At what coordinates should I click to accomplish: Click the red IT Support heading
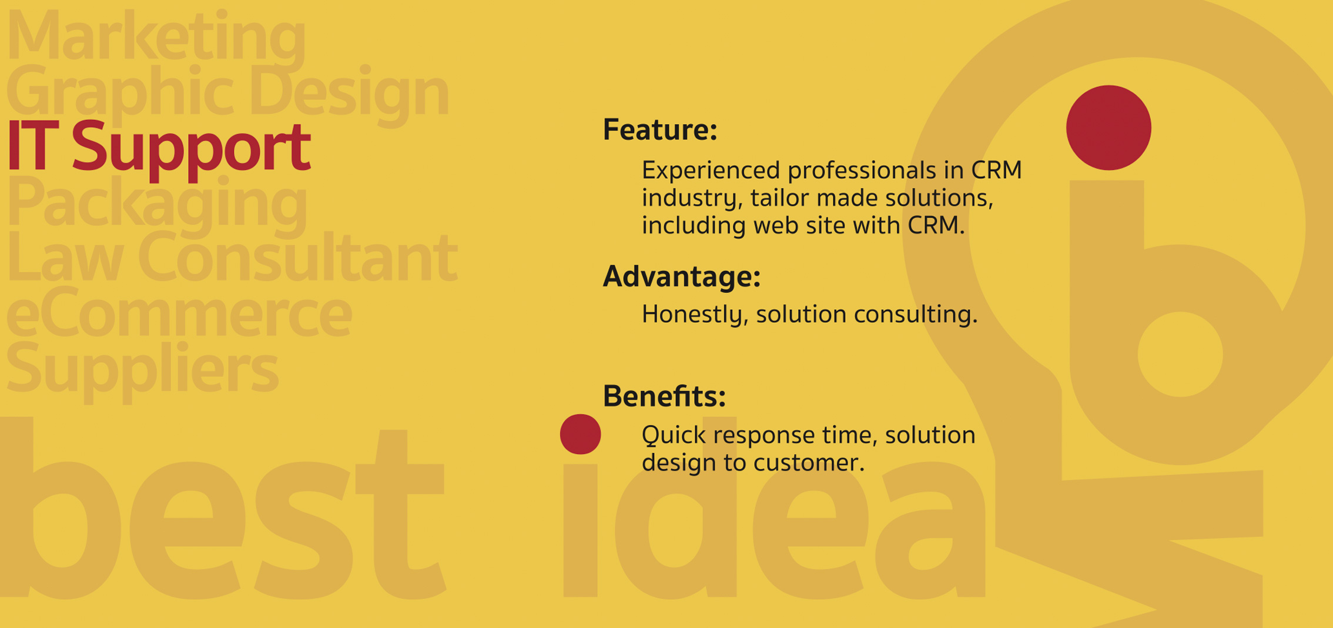(158, 147)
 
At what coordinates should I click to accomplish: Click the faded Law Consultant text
(232, 257)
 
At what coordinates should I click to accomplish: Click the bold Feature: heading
(660, 129)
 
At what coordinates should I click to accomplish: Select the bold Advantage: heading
(682, 276)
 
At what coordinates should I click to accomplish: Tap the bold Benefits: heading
(664, 396)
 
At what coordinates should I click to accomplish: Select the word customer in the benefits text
(809, 463)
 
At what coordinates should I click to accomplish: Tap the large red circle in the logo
(1108, 128)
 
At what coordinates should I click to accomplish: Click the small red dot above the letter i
(580, 434)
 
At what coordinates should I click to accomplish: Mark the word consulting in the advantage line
(916, 315)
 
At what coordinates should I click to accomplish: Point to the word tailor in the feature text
(775, 198)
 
